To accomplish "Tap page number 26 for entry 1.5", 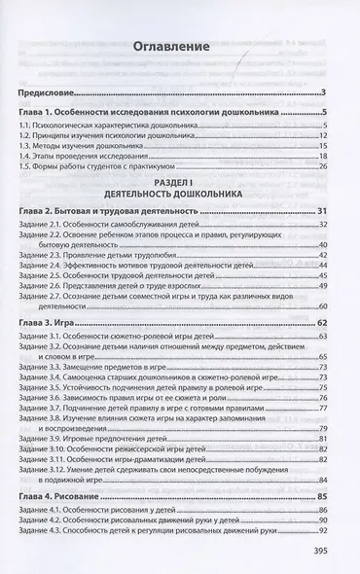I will [320, 165].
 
